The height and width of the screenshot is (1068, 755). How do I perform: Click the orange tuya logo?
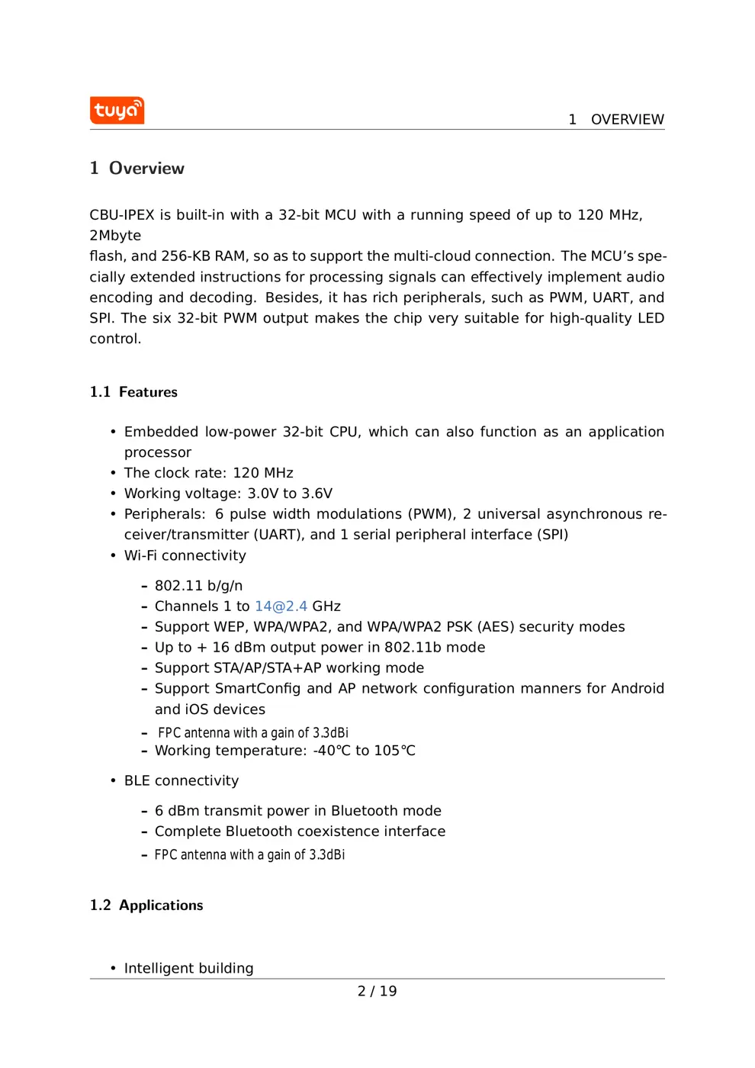(x=117, y=110)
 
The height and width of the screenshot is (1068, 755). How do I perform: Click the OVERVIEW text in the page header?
(x=627, y=120)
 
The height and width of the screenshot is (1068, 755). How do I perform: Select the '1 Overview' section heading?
(x=137, y=169)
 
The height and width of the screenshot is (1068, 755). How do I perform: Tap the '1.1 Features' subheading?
(x=133, y=392)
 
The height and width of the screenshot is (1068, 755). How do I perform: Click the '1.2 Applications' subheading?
(x=146, y=906)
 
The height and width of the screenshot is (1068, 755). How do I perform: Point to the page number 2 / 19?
(x=377, y=991)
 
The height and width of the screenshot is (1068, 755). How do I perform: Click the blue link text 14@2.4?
(x=281, y=606)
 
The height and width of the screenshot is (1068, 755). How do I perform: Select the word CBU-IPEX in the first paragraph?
(x=122, y=215)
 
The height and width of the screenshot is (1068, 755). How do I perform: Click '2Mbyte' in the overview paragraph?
(x=115, y=236)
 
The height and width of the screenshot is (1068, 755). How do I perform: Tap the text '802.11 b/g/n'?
(x=198, y=586)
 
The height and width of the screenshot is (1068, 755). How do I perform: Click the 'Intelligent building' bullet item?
(x=188, y=968)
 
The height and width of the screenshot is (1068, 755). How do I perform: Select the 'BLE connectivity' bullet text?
(x=182, y=781)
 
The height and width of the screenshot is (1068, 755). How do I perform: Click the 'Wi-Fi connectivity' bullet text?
(x=185, y=556)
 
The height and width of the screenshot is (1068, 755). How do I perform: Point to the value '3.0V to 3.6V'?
(x=290, y=494)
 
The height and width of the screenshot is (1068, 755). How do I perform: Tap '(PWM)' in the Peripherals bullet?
(x=432, y=514)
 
